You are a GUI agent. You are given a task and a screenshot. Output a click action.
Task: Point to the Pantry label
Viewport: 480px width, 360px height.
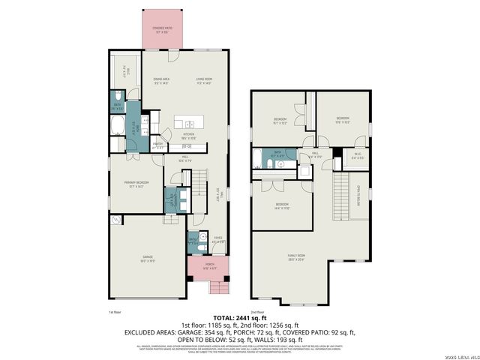158,147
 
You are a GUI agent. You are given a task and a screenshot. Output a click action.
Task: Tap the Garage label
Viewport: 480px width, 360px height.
148,259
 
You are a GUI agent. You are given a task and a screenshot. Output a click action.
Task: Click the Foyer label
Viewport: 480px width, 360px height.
217,241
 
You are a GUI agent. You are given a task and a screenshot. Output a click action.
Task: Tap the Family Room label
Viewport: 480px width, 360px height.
296,258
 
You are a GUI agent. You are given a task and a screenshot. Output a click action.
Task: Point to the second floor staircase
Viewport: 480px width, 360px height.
341,192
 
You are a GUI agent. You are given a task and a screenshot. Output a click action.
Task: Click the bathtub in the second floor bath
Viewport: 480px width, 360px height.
257,158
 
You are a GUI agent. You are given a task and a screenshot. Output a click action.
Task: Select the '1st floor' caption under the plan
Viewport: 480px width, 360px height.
115,311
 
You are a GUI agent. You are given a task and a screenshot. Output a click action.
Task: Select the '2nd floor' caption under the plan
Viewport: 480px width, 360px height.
257,311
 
